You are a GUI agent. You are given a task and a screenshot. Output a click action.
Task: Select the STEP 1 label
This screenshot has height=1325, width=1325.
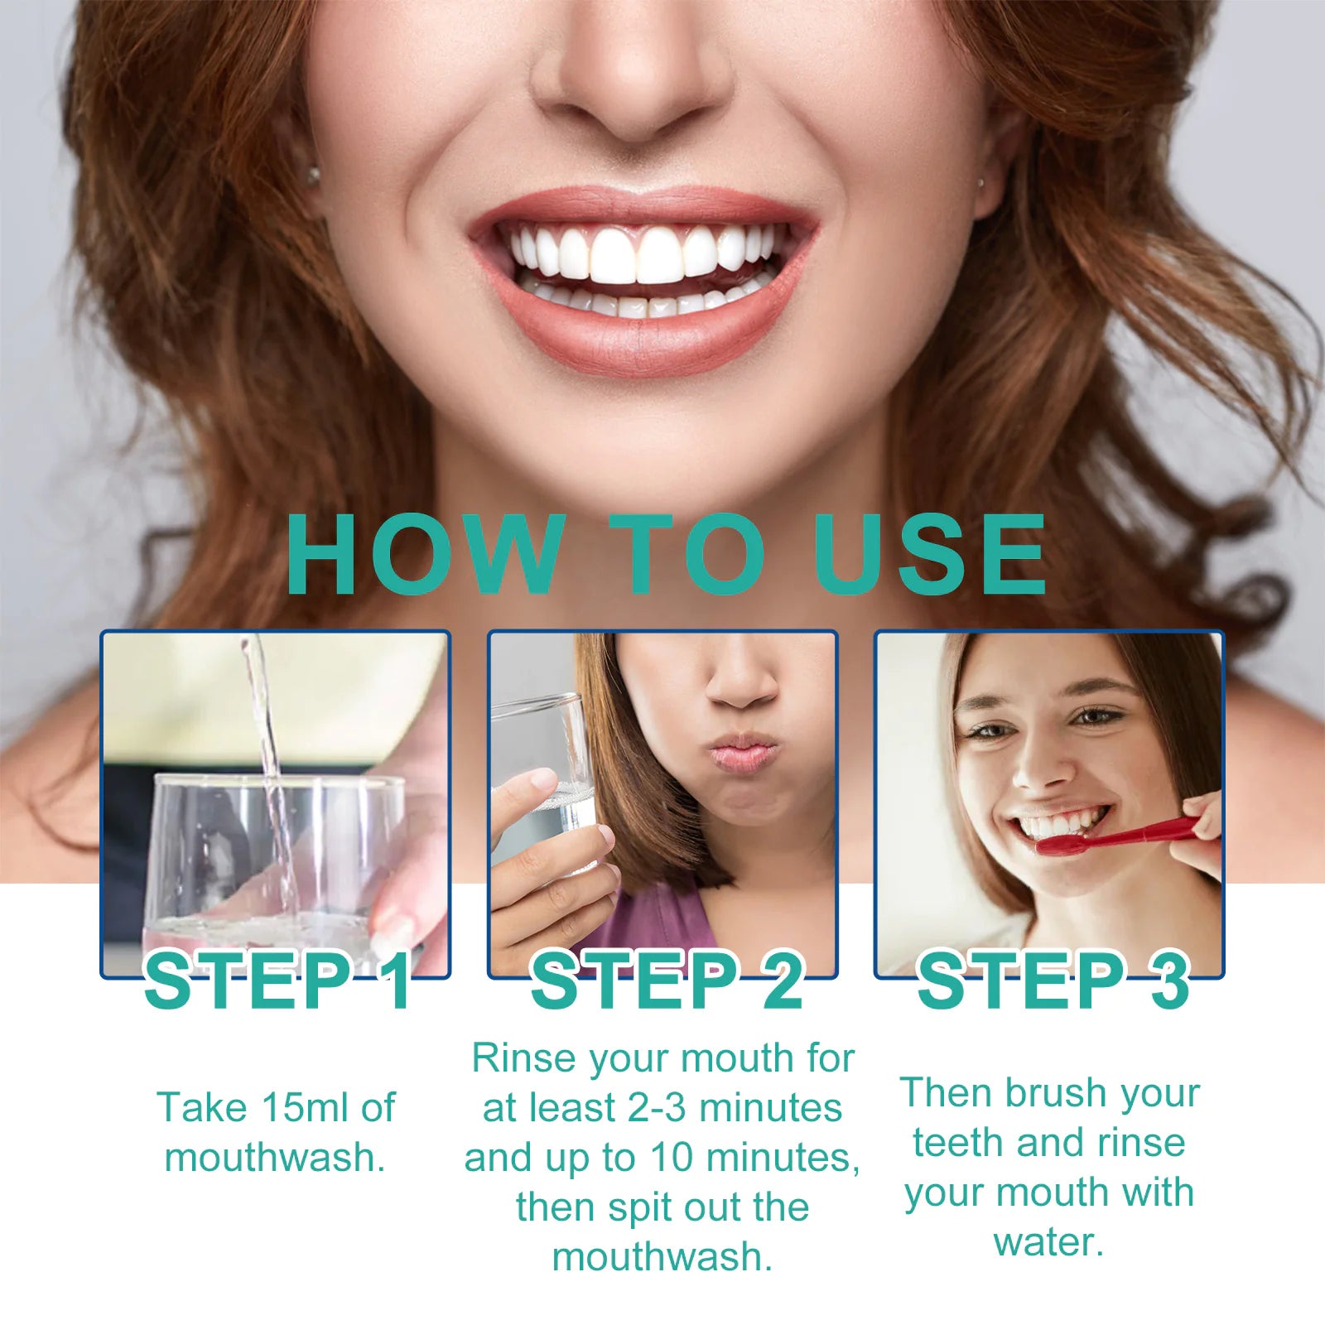coord(278,981)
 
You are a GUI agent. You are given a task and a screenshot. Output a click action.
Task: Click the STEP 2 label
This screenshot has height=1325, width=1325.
coord(666,981)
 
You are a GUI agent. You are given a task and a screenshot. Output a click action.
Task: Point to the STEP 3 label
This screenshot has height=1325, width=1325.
coord(1053,981)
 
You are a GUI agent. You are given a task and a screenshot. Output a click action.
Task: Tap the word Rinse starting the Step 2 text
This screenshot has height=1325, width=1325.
coord(523,1058)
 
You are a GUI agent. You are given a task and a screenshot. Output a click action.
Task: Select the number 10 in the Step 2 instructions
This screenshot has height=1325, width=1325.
coord(671,1158)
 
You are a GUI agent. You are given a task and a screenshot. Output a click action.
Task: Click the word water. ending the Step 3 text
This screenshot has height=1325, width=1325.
coord(1048,1242)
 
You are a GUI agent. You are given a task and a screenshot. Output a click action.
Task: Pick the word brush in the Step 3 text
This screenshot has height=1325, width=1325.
coord(1053,1093)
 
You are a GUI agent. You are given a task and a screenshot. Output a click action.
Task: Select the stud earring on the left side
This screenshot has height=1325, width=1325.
coord(313,175)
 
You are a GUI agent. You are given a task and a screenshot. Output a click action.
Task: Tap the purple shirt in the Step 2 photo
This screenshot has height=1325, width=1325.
coord(654,919)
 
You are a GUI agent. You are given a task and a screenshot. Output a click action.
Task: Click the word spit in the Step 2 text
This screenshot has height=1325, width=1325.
coord(628,1207)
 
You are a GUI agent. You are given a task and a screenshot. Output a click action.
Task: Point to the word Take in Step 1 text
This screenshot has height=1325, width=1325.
coord(202,1108)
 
